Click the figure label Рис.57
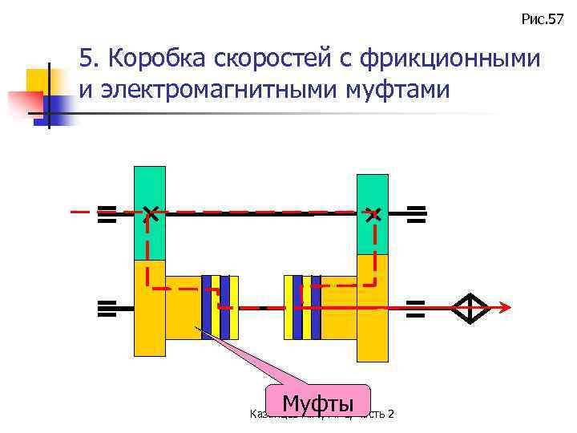(543, 18)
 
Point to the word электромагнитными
(210, 89)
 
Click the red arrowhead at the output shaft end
(505, 308)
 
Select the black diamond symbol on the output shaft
(470, 308)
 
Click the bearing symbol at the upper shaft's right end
(416, 212)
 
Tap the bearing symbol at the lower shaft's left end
(107, 308)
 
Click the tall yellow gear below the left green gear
(149, 308)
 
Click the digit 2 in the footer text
(390, 414)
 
